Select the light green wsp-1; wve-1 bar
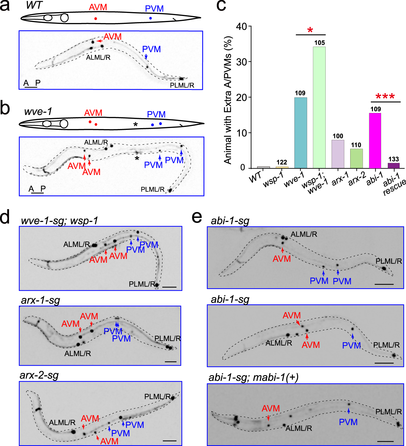(319, 107)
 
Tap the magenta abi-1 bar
(375, 140)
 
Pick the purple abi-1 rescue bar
(394, 165)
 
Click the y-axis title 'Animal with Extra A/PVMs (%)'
(228, 100)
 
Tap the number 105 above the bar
(319, 43)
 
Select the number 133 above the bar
(394, 159)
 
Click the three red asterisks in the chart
(385, 97)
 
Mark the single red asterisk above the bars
(310, 30)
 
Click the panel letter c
(221, 6)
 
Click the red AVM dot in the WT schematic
(96, 19)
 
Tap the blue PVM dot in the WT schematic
(150, 18)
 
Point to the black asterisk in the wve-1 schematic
(136, 124)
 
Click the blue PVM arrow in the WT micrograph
(146, 56)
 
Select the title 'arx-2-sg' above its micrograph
(39, 375)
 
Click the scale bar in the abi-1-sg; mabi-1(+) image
(385, 441)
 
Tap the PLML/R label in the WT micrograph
(182, 85)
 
